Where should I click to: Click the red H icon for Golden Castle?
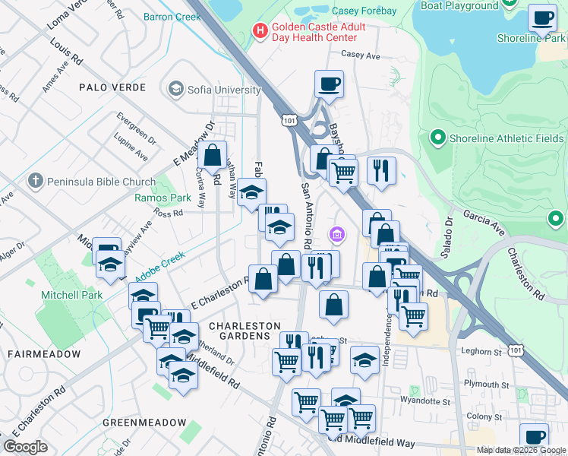260,31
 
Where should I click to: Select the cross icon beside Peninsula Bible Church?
34,181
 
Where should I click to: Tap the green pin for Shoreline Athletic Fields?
437,138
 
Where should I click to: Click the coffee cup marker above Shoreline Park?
542,17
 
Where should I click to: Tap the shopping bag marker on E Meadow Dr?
213,154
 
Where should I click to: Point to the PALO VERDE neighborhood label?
112,87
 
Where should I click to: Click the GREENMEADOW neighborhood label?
144,423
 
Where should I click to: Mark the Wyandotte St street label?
425,400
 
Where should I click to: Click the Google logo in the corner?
25,447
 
